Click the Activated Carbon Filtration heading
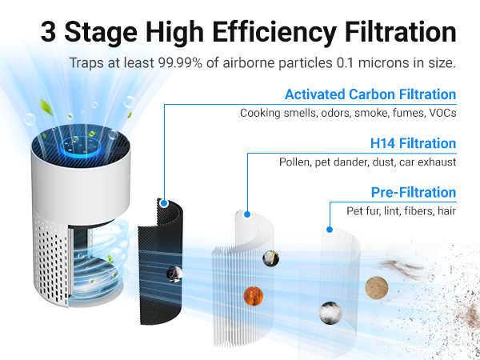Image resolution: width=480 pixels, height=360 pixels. [x=370, y=94]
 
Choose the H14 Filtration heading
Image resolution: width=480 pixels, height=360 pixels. [x=413, y=144]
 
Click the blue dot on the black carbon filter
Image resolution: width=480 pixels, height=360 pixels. [x=163, y=203]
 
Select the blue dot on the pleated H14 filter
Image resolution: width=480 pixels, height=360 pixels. [x=247, y=214]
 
